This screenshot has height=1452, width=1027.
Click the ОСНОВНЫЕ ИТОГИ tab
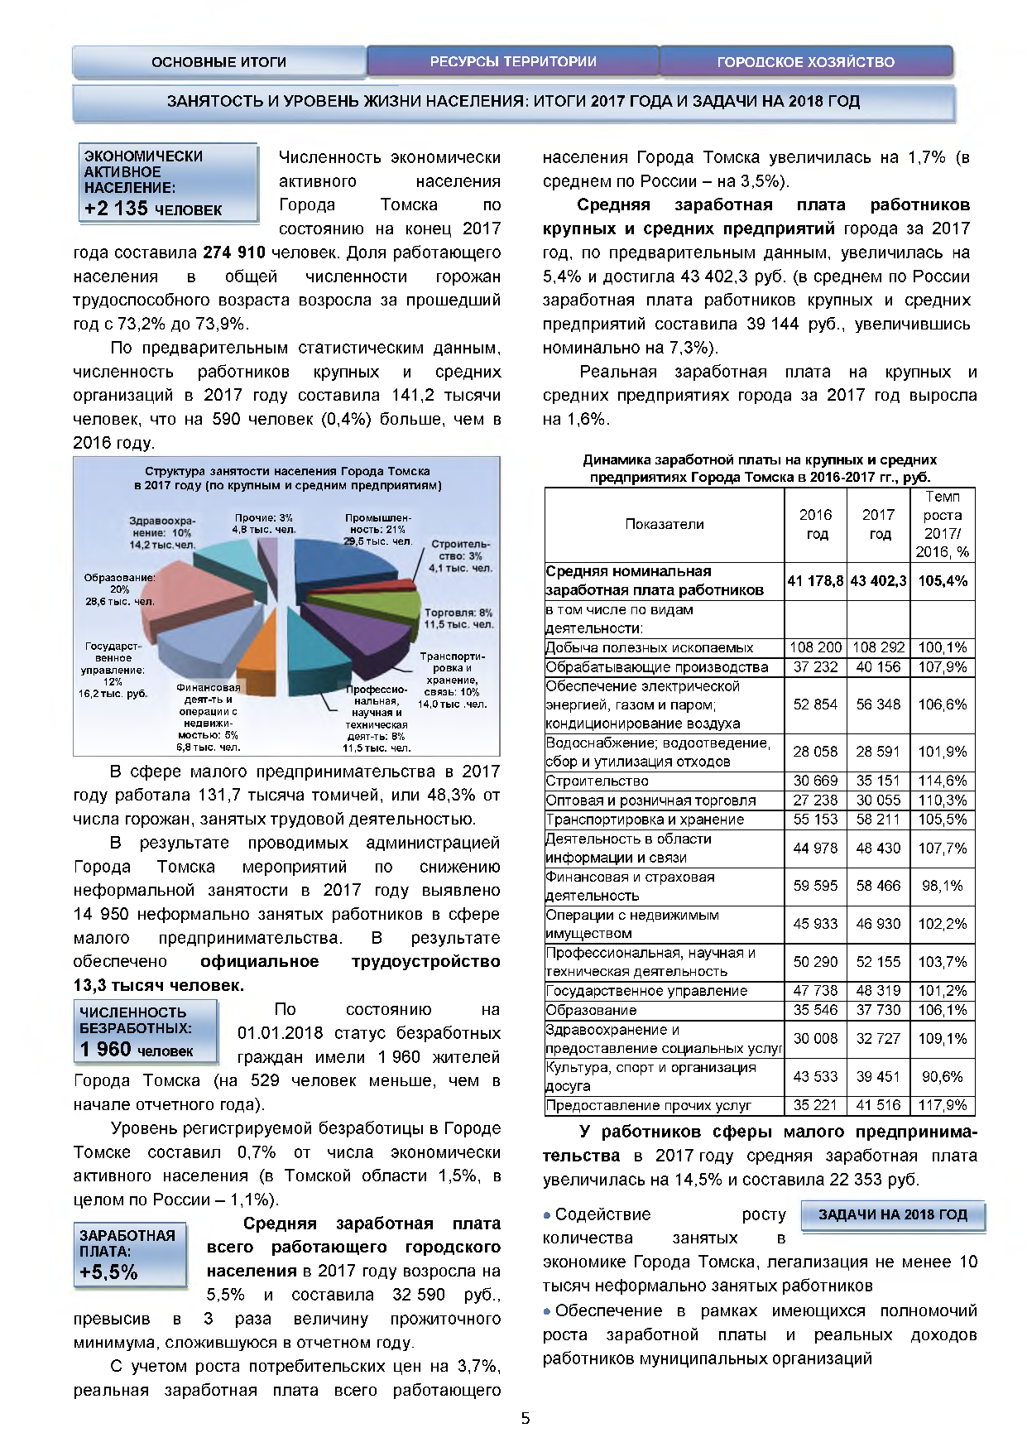218,62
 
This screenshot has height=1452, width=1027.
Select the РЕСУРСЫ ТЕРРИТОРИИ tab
513,62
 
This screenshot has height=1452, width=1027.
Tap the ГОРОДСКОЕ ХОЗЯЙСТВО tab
805,62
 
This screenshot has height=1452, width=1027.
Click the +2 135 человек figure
153,209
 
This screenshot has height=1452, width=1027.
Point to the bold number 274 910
234,252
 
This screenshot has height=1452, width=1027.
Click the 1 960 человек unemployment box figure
137,1050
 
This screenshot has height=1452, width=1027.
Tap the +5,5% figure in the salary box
108,1272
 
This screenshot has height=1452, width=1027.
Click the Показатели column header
664,524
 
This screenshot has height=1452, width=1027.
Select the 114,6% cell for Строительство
942,781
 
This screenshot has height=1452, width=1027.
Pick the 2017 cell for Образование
878,1010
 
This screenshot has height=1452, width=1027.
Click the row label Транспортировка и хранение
645,820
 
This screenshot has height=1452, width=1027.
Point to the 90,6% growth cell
942,1077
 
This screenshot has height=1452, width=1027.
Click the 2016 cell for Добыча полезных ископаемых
815,647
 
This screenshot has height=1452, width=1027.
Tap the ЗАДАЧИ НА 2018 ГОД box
892,1214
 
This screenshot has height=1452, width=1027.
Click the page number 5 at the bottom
525,1418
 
